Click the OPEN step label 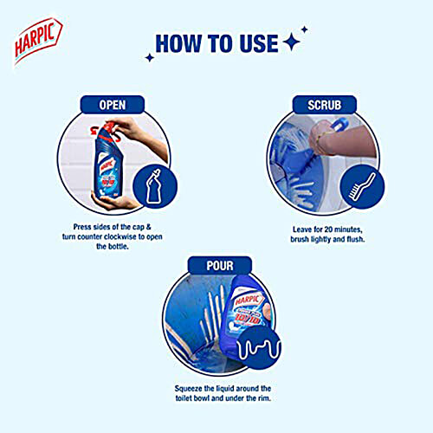(113, 104)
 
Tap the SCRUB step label (321, 104)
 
